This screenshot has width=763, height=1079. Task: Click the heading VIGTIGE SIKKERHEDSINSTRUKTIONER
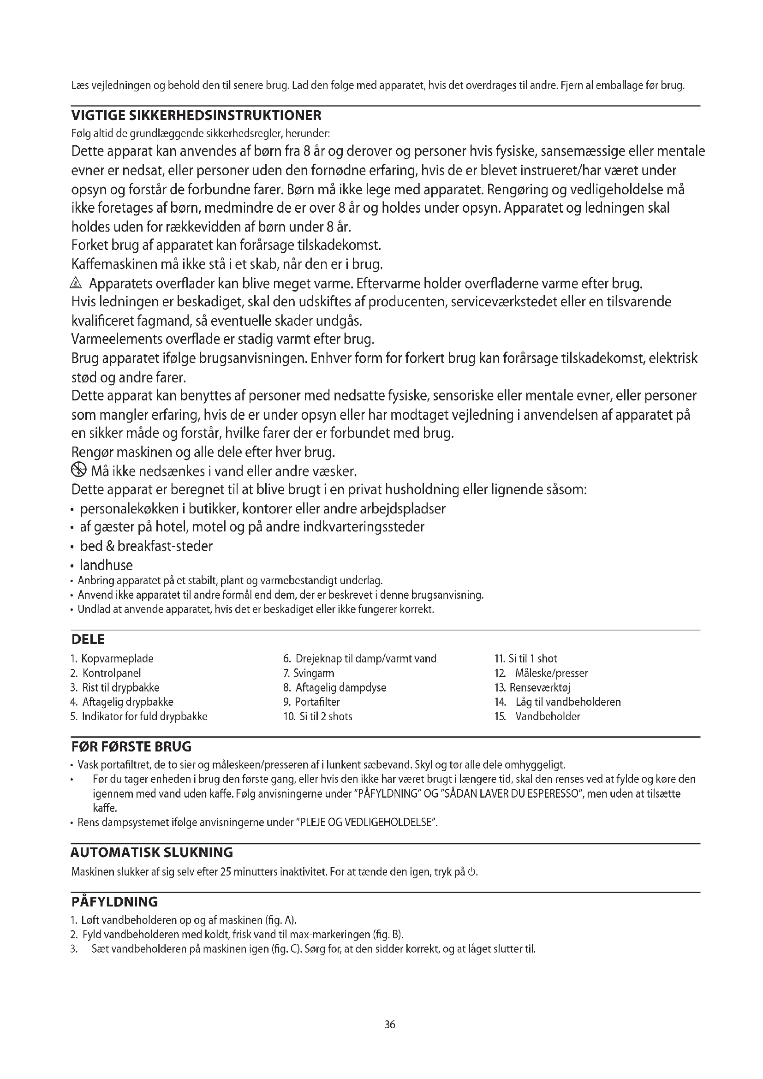click(x=197, y=115)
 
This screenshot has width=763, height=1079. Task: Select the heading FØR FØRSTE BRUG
click(x=131, y=747)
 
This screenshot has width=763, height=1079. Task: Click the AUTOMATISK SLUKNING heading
click(x=152, y=852)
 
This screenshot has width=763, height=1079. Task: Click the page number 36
click(x=389, y=1025)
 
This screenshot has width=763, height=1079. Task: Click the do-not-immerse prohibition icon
click(x=78, y=470)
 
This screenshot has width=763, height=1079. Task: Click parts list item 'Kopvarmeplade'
click(x=117, y=658)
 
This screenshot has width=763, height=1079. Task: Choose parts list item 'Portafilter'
click(x=317, y=702)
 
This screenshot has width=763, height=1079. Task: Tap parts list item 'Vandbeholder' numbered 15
click(x=548, y=716)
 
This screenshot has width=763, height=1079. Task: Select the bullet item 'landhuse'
click(x=106, y=565)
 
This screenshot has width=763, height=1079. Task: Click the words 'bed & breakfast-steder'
click(x=146, y=546)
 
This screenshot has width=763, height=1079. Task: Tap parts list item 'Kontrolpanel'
click(x=111, y=673)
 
